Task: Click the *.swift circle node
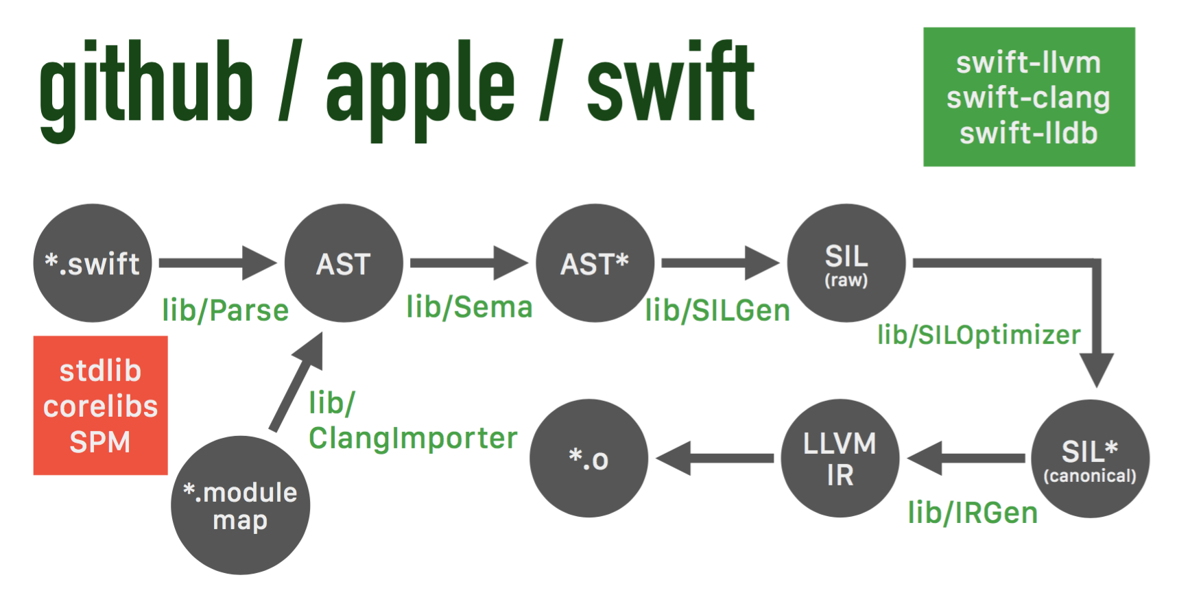93,263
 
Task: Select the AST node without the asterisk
344,263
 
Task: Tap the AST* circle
595,263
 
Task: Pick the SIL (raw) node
846,263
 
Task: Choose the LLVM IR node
840,459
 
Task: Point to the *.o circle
589,459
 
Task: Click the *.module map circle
240,505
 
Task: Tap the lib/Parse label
226,311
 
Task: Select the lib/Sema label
469,307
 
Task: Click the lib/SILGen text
717,311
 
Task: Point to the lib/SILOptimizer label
979,335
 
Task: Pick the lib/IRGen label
973,513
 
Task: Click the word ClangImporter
413,438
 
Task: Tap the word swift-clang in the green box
1028,98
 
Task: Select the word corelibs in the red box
101,406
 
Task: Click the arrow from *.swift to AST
217,263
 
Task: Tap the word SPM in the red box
100,442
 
